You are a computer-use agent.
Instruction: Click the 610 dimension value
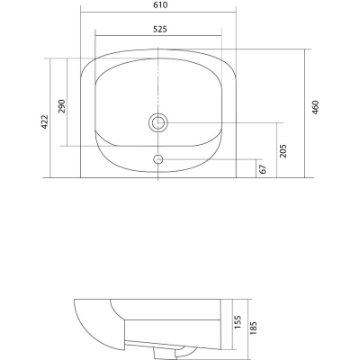159,5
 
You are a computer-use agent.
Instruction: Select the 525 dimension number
159,29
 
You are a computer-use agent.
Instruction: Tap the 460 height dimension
316,107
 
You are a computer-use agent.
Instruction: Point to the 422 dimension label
44,121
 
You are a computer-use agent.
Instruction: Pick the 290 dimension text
61,106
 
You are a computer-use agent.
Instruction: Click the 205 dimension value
283,151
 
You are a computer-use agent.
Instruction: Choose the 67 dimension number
263,169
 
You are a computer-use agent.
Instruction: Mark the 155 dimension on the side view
238,322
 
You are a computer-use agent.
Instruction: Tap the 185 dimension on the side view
254,328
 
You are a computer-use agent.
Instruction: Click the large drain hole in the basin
158,122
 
